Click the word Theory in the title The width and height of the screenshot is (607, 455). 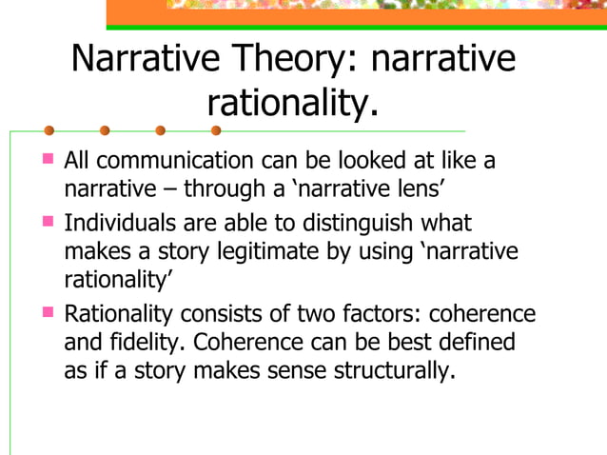tap(291, 59)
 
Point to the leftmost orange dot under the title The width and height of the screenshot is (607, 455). tap(49, 130)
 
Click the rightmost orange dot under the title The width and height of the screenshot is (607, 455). tap(216, 130)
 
